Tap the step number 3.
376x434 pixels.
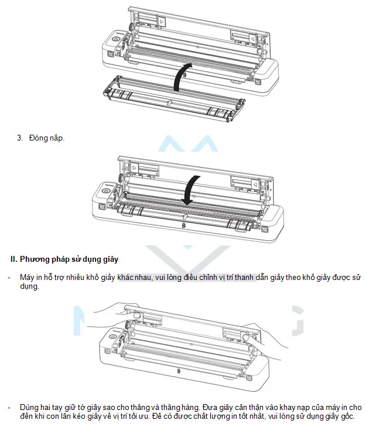pyautogui.click(x=20, y=138)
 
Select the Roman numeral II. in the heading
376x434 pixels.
pyautogui.click(x=14, y=259)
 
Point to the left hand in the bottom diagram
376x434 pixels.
pyautogui.click(x=116, y=312)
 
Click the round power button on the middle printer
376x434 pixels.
pyautogui.click(x=105, y=192)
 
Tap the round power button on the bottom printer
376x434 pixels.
pyautogui.click(x=112, y=337)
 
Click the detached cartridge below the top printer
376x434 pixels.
pyautogui.click(x=174, y=99)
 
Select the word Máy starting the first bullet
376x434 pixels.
pyautogui.click(x=26, y=278)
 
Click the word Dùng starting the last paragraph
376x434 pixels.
pyautogui.click(x=29, y=408)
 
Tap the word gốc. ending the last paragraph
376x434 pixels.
pyautogui.click(x=347, y=416)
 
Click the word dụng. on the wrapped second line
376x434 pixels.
pyautogui.click(x=30, y=286)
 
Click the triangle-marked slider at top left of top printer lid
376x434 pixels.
pyautogui.click(x=161, y=22)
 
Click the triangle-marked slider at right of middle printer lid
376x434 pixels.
pyautogui.click(x=255, y=184)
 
